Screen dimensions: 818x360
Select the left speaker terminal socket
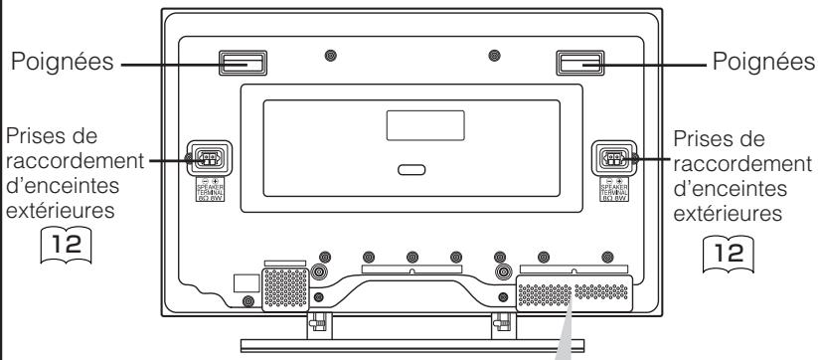209,156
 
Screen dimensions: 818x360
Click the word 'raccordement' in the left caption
69,157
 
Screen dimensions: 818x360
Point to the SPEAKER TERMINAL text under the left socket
209,186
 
